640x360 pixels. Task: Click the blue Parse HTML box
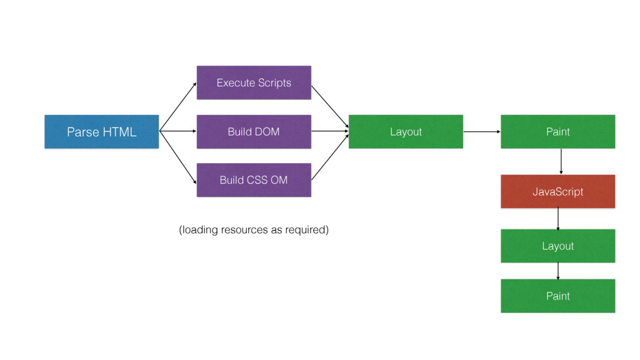(x=102, y=131)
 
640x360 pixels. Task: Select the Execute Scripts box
(x=254, y=82)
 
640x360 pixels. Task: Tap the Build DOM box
(x=254, y=131)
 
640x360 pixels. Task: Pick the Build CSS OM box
(x=254, y=180)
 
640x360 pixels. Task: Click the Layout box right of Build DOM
(x=406, y=131)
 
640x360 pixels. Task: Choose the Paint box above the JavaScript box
(x=558, y=131)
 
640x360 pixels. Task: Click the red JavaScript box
(x=558, y=191)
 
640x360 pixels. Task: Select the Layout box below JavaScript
(x=558, y=246)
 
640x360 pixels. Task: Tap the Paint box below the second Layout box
(x=558, y=296)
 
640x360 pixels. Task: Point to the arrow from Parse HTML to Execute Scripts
(x=178, y=106)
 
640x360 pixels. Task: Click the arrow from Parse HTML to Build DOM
(x=178, y=131)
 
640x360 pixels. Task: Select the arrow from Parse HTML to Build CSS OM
(x=178, y=157)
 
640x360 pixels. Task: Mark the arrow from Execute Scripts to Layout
(x=330, y=106)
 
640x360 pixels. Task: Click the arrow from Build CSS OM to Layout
(x=330, y=157)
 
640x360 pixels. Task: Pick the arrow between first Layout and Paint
(x=482, y=131)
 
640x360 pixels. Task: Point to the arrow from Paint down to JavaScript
(x=561, y=162)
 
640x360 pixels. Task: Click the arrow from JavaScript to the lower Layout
(x=558, y=219)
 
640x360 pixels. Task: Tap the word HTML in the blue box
(x=119, y=132)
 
